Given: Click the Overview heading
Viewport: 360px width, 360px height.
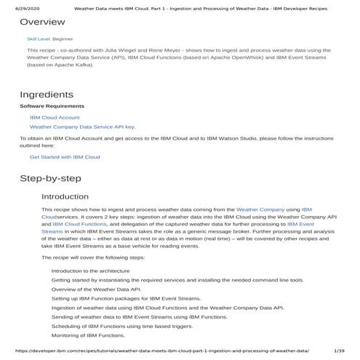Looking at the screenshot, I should coord(42,22).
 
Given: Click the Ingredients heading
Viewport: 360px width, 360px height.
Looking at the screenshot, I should coord(47,95).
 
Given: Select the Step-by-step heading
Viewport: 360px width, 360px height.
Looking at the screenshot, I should coord(50,178).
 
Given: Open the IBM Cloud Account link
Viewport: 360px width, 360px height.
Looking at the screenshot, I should coord(55,117).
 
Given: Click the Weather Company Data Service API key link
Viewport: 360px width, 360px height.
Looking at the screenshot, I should coord(82,127).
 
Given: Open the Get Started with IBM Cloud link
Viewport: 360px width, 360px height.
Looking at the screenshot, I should coord(65,156).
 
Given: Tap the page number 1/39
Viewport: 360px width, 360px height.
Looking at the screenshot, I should coord(339,351).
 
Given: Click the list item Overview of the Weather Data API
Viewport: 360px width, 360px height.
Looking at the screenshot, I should coord(96,289).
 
